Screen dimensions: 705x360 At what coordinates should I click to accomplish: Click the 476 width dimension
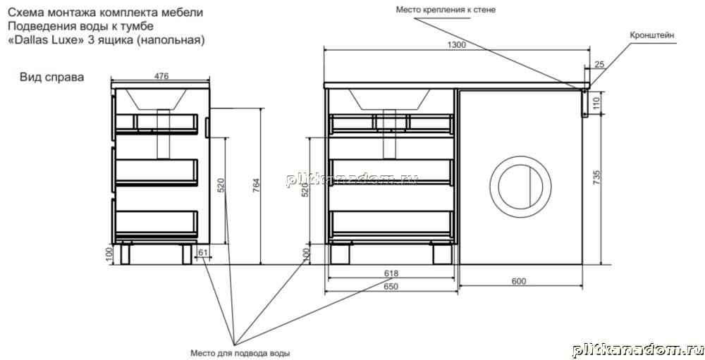(161, 76)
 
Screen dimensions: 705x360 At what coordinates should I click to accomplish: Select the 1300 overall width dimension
(456, 45)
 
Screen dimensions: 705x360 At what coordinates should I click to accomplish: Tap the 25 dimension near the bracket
(599, 65)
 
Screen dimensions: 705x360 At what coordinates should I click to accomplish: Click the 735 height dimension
(597, 178)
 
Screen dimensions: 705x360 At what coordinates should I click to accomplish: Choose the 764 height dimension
(257, 185)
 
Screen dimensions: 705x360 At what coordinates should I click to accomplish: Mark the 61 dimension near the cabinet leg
(203, 253)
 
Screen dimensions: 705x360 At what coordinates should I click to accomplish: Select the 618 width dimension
(391, 273)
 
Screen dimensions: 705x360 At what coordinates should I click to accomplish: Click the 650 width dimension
(391, 287)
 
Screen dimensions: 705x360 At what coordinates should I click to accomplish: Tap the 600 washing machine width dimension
(519, 281)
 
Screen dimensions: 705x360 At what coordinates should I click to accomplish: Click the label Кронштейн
(652, 35)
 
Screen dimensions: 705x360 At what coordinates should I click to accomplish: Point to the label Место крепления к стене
(446, 9)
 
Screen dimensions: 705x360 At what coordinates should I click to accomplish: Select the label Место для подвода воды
(240, 353)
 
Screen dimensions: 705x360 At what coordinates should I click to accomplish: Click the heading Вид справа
(51, 77)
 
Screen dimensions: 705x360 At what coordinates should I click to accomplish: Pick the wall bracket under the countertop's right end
(585, 102)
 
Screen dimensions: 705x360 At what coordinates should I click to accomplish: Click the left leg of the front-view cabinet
(340, 254)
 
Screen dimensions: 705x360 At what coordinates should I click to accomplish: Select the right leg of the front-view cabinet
(443, 254)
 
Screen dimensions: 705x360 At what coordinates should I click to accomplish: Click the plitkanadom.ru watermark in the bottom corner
(638, 350)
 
